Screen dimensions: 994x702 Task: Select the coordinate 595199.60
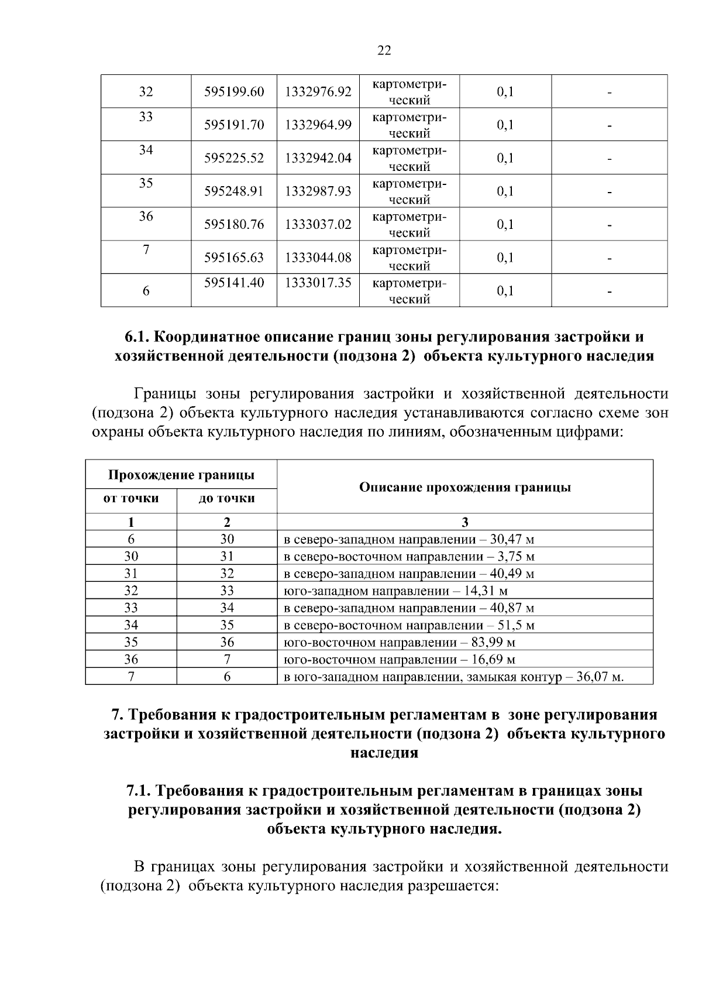234,92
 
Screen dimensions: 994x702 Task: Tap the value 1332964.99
318,125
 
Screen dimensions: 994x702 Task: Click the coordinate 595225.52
234,159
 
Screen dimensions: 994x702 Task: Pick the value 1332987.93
318,192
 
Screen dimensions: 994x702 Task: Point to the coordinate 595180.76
234,225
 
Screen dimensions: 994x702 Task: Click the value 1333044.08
318,258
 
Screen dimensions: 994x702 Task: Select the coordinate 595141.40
234,283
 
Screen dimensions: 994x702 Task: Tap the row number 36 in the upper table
146,217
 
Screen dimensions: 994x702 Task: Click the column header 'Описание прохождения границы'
464,488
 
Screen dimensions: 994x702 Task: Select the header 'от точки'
131,499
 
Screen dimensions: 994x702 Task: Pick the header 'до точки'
227,499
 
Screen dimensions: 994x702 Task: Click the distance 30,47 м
513,539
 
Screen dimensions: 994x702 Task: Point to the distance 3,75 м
517,556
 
